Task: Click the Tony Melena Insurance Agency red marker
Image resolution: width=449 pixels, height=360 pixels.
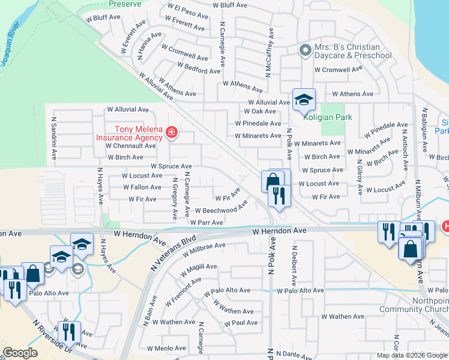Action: point(172,132)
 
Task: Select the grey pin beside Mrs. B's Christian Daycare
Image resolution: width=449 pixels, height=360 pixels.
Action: point(305,51)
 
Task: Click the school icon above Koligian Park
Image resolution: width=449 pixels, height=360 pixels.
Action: point(304,100)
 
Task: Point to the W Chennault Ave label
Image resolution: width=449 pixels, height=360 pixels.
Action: point(131,146)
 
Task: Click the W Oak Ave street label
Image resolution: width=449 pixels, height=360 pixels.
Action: point(260,112)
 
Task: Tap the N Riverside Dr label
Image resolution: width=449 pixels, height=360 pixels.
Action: point(48,332)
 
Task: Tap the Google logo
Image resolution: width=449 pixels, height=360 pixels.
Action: point(20,353)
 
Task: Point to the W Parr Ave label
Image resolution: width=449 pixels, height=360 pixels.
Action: point(207,223)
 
